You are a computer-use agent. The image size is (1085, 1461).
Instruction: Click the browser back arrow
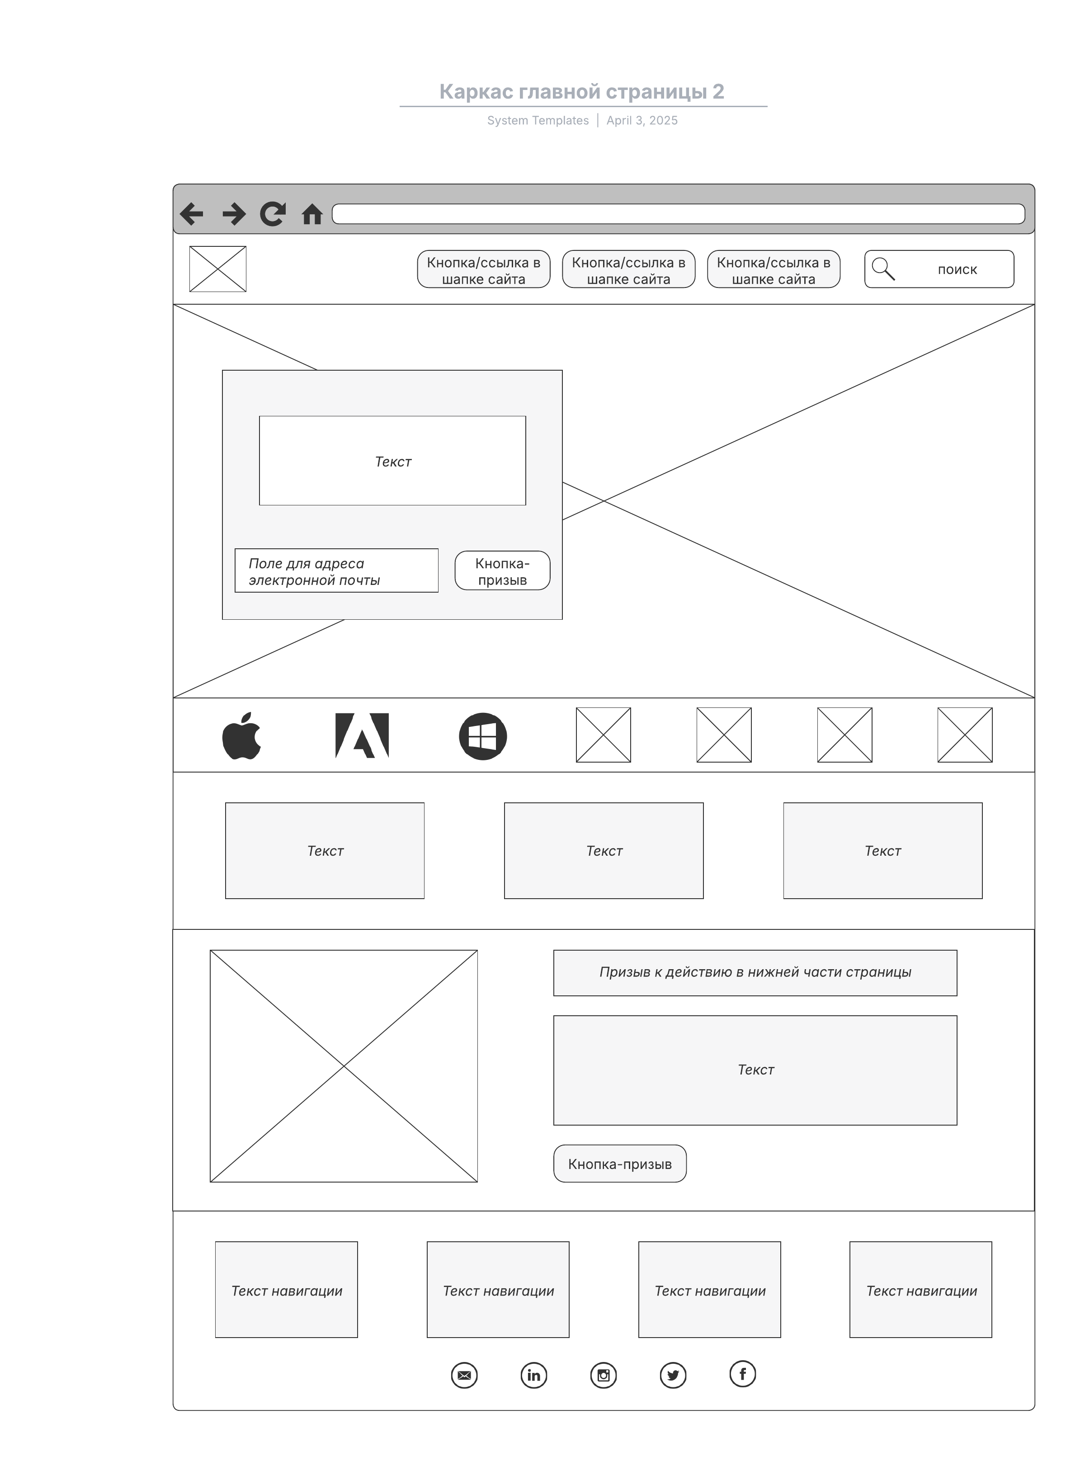pos(192,214)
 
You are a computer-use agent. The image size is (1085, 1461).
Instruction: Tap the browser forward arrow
pos(234,214)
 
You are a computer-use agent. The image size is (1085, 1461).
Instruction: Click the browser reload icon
pos(273,214)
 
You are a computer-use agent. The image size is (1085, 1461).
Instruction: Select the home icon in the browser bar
pos(312,215)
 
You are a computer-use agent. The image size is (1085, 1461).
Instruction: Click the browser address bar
pos(678,214)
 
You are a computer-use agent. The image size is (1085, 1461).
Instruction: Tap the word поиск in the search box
pos(957,269)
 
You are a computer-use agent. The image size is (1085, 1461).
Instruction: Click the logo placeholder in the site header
pos(217,269)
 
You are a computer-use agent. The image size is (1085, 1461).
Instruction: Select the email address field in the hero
pos(336,570)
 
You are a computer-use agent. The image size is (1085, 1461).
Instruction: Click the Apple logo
pos(242,735)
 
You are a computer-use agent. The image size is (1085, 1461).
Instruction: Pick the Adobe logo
pos(362,735)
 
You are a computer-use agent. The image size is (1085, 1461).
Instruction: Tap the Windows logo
pos(483,736)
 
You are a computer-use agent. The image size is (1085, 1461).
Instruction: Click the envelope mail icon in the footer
pos(464,1375)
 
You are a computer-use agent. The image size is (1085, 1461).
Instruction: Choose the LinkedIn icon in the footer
pos(534,1375)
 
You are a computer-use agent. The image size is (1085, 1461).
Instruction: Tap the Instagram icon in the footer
pos(604,1375)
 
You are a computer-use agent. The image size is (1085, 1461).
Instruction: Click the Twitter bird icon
pos(673,1375)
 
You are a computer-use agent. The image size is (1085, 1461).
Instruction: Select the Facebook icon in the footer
pos(743,1374)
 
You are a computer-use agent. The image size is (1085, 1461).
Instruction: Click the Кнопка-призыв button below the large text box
pos(620,1164)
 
